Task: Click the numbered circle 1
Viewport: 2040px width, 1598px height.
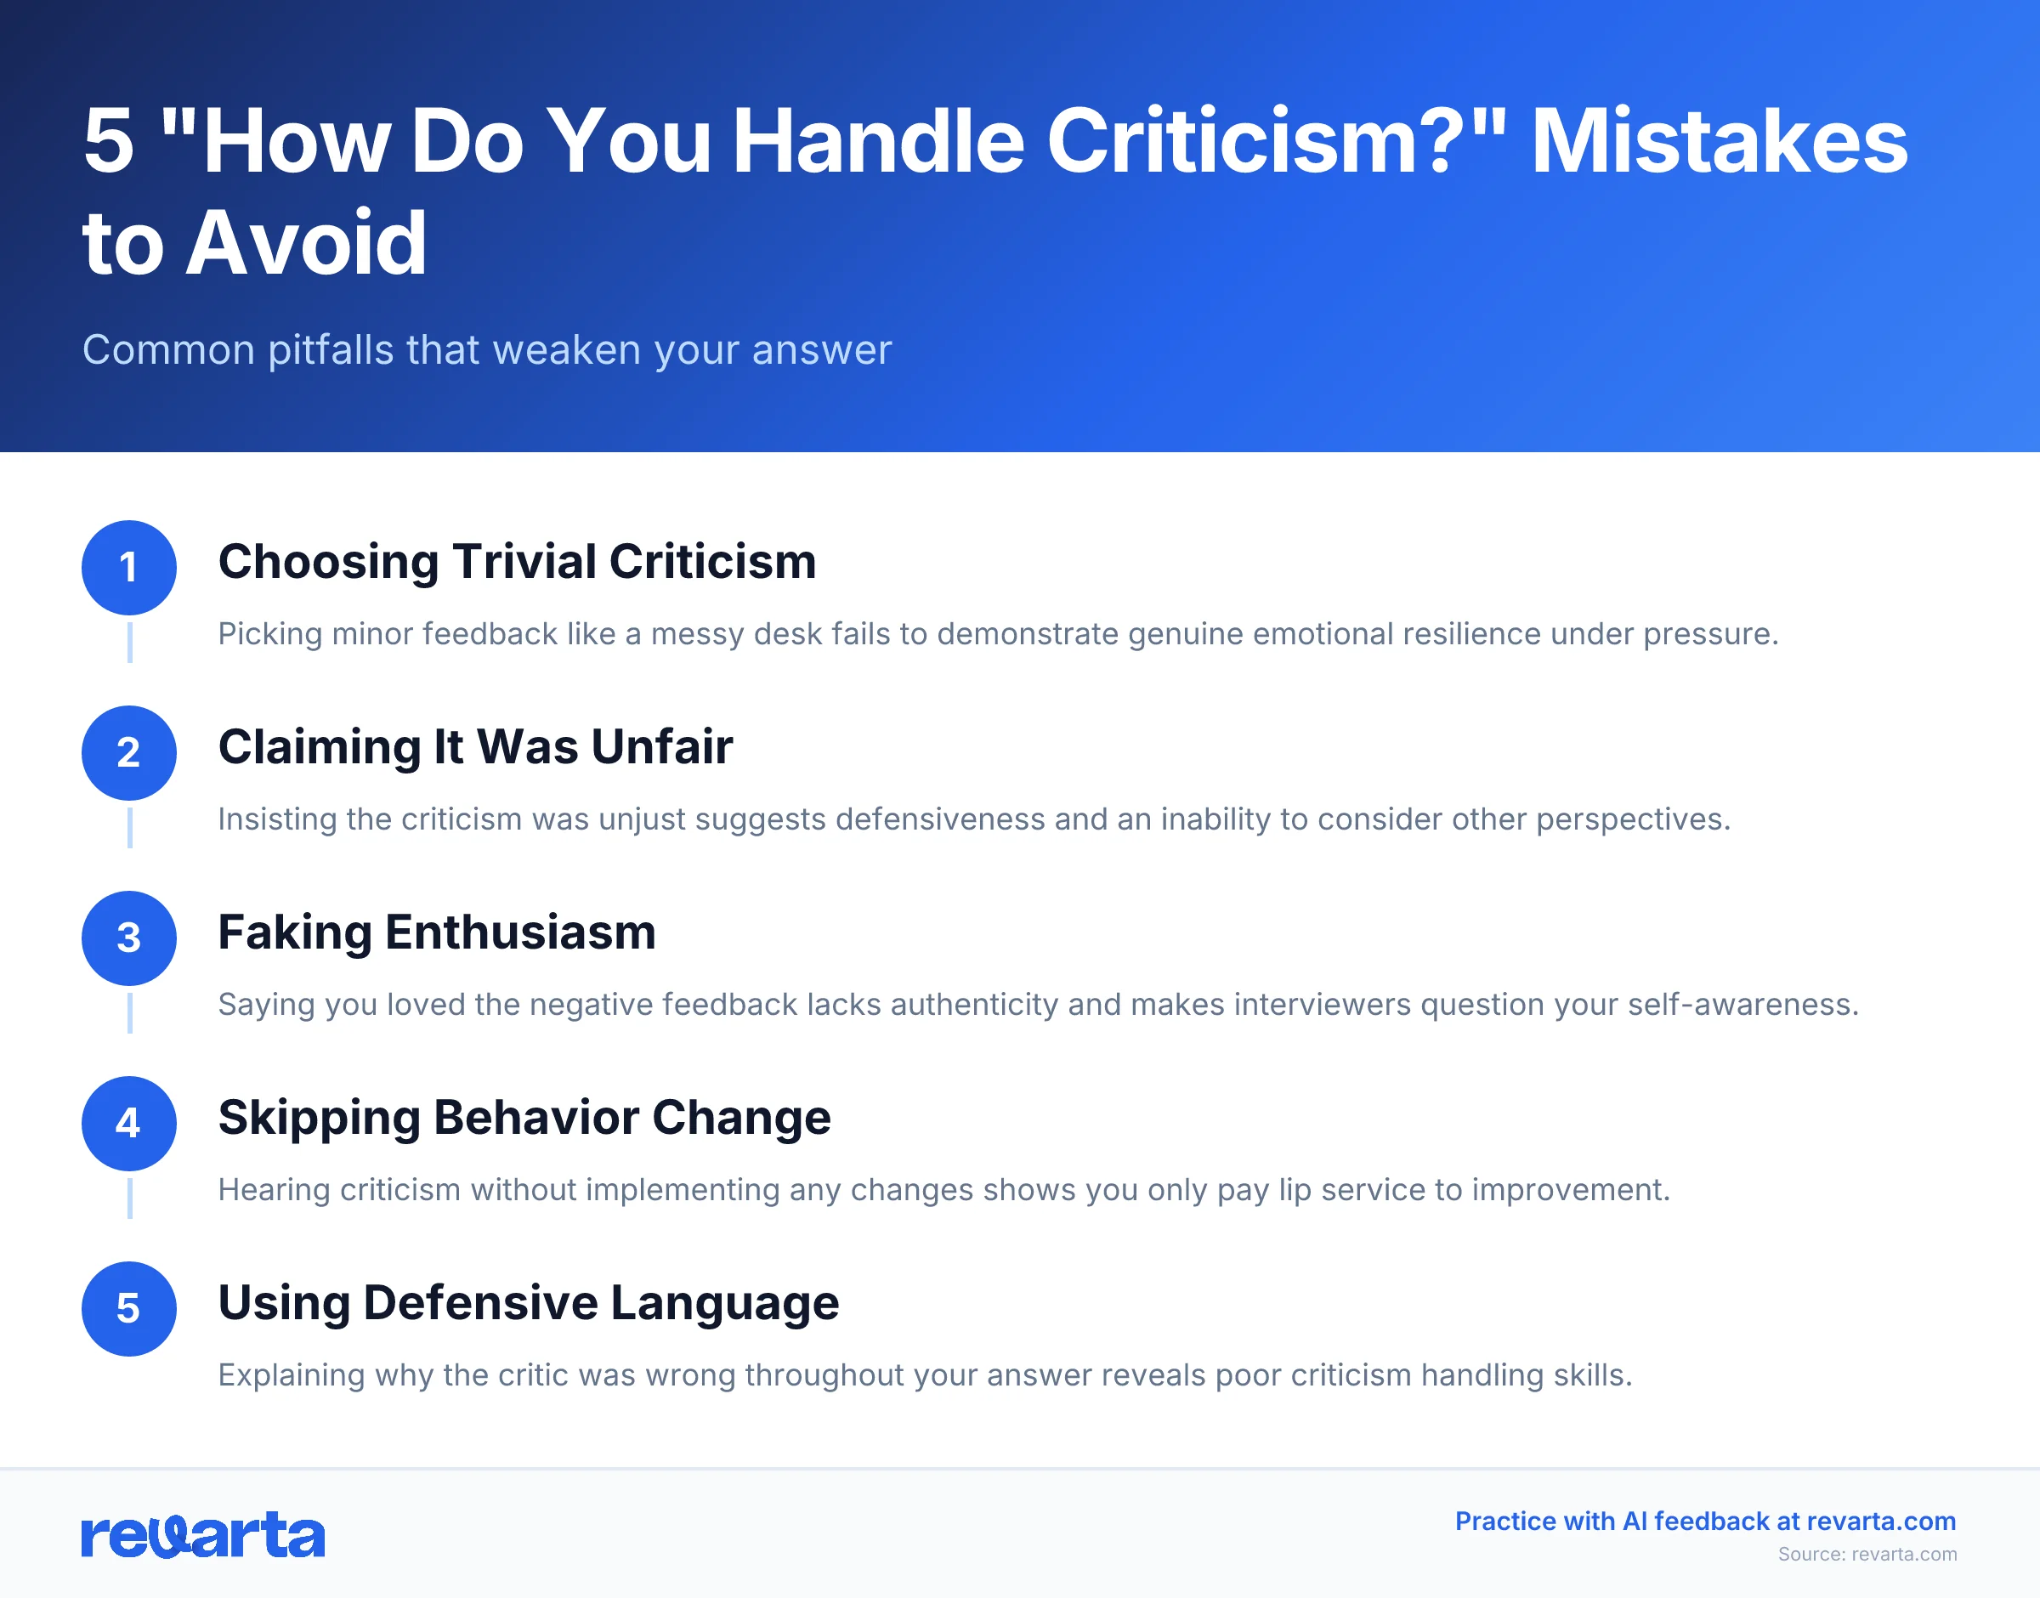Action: (x=129, y=567)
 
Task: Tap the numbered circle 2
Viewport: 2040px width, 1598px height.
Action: (x=129, y=752)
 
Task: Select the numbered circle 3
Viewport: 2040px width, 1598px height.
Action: (x=129, y=938)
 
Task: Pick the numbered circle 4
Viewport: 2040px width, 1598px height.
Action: (x=129, y=1123)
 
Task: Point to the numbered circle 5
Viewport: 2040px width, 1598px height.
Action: (x=129, y=1308)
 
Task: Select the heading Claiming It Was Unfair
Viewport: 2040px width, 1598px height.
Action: (x=475, y=746)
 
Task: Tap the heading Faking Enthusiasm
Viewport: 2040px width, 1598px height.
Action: (x=437, y=932)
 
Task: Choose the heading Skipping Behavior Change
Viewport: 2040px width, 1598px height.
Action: (x=524, y=1117)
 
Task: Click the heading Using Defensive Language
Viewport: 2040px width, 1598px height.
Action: (x=529, y=1302)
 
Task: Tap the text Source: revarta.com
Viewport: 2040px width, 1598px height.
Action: (x=1867, y=1554)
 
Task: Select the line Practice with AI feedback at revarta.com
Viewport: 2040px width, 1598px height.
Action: (x=1705, y=1521)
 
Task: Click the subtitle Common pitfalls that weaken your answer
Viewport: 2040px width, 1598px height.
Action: (x=486, y=350)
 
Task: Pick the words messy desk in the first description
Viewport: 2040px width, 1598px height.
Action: (x=739, y=634)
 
